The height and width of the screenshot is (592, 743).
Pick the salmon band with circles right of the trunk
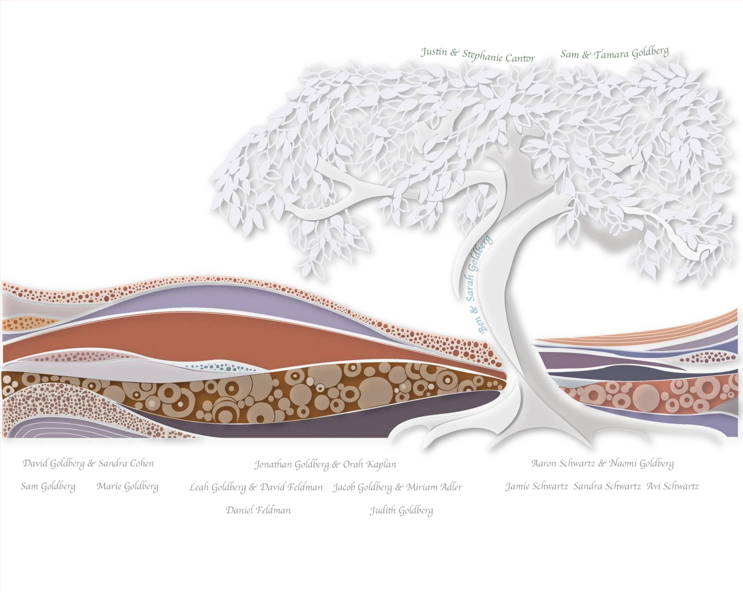tap(637, 392)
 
